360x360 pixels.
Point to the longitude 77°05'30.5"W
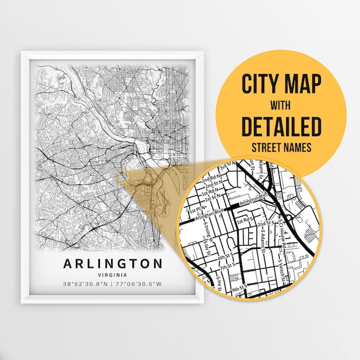tap(135, 284)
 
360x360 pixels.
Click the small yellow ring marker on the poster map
tap(122, 176)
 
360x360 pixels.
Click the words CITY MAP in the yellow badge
tap(281, 84)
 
